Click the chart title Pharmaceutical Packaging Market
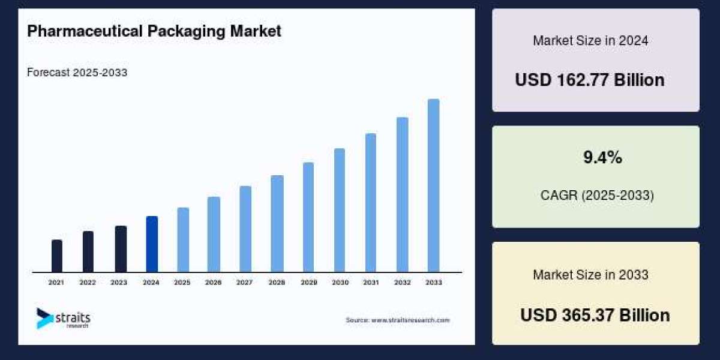(154, 32)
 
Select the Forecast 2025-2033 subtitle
(77, 73)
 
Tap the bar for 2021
(57, 256)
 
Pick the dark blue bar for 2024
(152, 244)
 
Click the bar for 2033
(433, 185)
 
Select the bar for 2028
(277, 224)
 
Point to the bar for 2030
(340, 210)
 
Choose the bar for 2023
(121, 249)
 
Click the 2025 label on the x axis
(182, 282)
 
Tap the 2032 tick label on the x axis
(402, 282)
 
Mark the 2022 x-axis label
(88, 282)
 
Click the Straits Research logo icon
(44, 318)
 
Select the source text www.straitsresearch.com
(397, 320)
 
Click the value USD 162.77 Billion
(589, 80)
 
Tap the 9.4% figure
(602, 158)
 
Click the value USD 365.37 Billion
(595, 315)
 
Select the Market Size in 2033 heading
(590, 275)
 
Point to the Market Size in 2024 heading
(590, 41)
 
